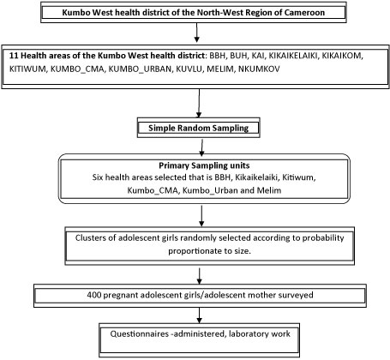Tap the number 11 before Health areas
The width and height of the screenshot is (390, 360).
14,56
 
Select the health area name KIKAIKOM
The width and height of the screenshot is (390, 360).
342,56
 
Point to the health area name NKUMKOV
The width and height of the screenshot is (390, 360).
259,69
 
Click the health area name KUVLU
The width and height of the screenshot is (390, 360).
189,69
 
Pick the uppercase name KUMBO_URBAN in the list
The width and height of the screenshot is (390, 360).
140,69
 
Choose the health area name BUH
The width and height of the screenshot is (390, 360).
238,56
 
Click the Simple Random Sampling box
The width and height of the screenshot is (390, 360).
199,128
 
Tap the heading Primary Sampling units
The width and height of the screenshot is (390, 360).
204,165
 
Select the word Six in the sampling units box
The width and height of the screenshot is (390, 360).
98,177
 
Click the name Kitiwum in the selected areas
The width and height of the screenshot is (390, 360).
299,177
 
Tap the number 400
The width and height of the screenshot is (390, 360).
94,295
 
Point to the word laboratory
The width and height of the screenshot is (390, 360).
247,334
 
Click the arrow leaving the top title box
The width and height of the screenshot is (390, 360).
196,33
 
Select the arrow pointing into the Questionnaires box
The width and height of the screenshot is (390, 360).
200,315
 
